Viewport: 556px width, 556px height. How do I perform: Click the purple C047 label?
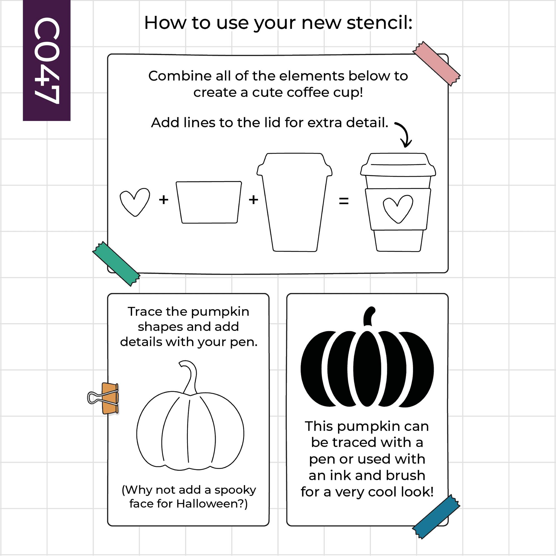coord(47,60)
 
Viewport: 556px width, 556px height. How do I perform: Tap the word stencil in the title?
coord(379,23)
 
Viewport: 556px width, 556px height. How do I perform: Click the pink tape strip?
coord(436,63)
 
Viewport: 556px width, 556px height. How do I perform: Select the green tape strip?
coord(116,264)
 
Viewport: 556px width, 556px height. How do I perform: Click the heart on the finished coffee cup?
coord(398,209)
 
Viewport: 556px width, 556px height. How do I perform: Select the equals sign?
coord(344,201)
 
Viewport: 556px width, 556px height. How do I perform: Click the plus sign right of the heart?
coord(164,199)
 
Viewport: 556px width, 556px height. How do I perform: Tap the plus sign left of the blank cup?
coord(254,199)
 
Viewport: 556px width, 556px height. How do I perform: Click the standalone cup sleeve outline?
coord(209,202)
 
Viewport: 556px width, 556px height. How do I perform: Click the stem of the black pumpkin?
coord(369,316)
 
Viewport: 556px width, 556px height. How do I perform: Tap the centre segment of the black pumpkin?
coord(367,369)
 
